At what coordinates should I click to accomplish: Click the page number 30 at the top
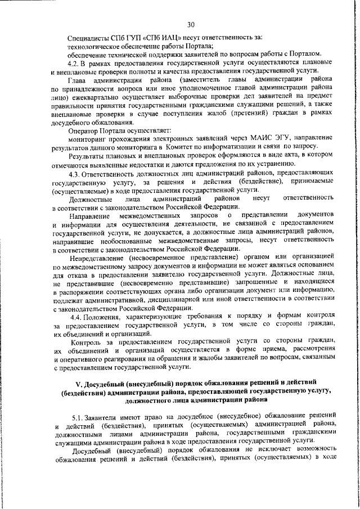point(191,24)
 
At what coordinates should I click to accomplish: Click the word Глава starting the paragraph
point(78,81)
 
